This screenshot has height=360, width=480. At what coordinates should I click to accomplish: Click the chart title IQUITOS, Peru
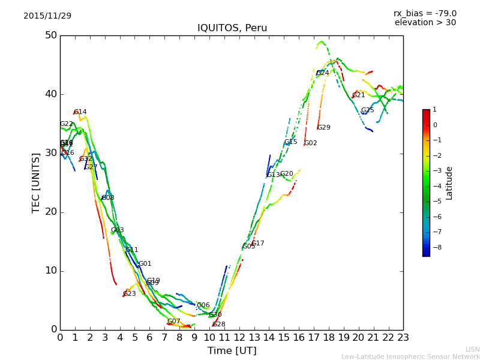pos(232,28)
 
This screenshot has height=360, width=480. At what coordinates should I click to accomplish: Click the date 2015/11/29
pos(47,16)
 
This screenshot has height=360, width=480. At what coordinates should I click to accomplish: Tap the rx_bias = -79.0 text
pos(425,13)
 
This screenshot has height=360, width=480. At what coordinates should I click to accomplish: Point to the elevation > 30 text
pos(425,23)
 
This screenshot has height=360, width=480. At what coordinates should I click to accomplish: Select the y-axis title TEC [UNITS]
pos(36,182)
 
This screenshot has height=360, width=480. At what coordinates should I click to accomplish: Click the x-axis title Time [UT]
pos(232,351)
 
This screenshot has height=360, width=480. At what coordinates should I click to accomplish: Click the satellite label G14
pos(80,112)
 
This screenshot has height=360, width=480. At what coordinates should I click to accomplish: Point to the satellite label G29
pos(324,128)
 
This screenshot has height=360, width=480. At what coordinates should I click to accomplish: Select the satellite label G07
pos(174,322)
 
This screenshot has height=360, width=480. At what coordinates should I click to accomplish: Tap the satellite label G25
pos(368,110)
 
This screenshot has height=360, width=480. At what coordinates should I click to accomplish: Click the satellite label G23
pos(130,294)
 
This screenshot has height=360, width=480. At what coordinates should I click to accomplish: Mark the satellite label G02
pos(311,143)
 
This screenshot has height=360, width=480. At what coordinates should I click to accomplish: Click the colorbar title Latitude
pos(449,183)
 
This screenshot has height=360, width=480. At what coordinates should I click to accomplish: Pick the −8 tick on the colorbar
pos(435,247)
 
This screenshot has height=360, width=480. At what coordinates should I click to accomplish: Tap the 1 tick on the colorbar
pos(434,110)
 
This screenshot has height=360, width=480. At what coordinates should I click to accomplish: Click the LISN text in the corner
pos(473,349)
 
